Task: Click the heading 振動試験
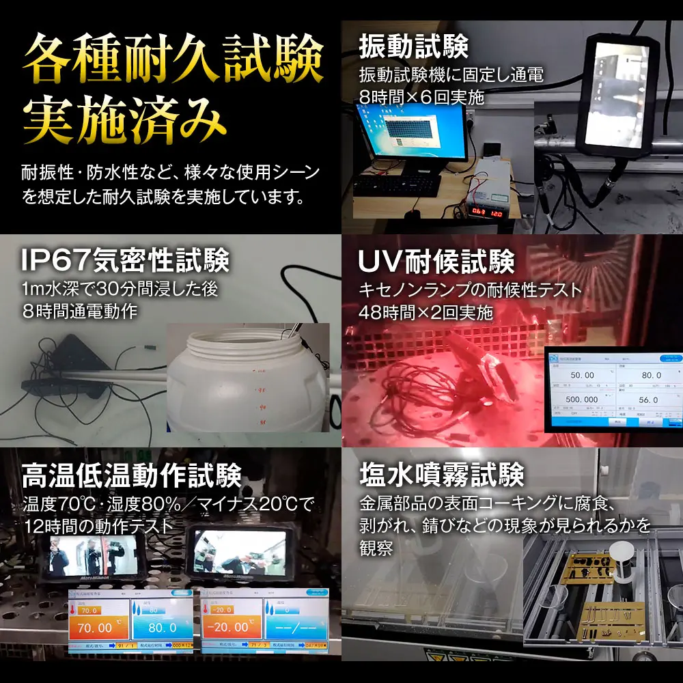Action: coord(413,48)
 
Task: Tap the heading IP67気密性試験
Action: coord(124,260)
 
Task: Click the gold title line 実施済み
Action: coord(124,121)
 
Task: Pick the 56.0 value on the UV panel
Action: coord(648,400)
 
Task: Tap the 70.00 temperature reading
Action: coord(95,627)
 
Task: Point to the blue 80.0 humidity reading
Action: coord(163,627)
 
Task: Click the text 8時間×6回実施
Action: coord(421,98)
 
